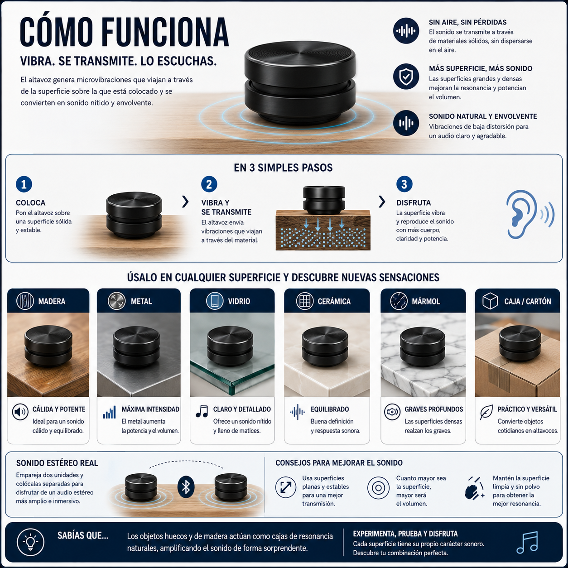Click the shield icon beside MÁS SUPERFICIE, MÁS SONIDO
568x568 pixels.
406,77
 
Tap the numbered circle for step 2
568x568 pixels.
209,184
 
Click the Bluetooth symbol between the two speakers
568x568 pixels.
186,487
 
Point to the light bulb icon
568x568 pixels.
30,542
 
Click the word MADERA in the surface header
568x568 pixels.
52,301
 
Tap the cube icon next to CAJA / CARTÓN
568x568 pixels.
490,301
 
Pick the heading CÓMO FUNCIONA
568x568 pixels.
125,32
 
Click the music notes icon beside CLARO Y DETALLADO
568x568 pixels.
202,411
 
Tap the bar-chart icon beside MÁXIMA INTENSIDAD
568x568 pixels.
109,412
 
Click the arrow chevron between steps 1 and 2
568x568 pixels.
185,202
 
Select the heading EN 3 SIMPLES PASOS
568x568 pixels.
283,168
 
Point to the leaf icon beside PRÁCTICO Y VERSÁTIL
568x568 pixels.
486,412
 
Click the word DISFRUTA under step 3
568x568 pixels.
413,203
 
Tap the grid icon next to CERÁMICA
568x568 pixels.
304,301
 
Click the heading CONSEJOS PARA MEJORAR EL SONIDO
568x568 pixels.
339,463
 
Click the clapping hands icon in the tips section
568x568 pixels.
474,488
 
